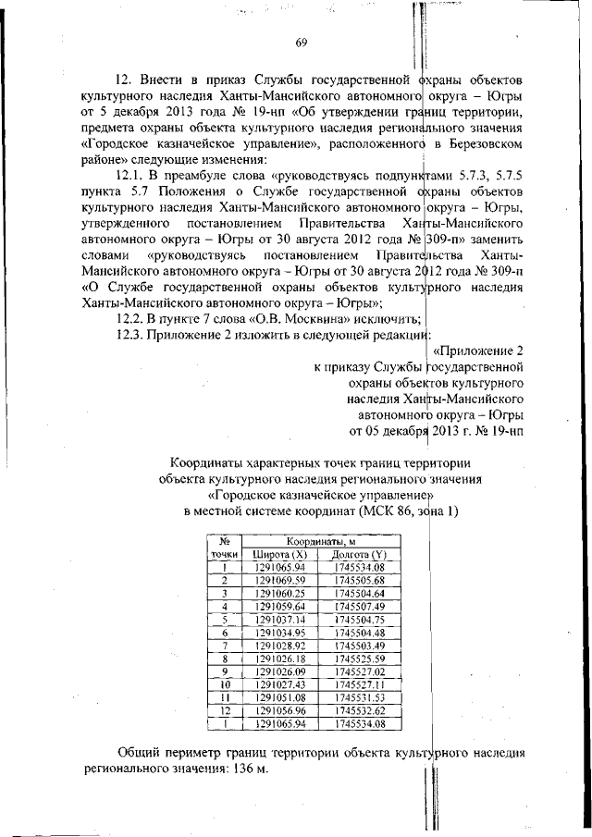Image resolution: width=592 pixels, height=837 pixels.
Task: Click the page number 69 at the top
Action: (302, 42)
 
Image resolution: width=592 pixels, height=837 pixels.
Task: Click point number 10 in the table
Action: (224, 684)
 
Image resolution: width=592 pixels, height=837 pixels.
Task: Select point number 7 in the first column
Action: (224, 645)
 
